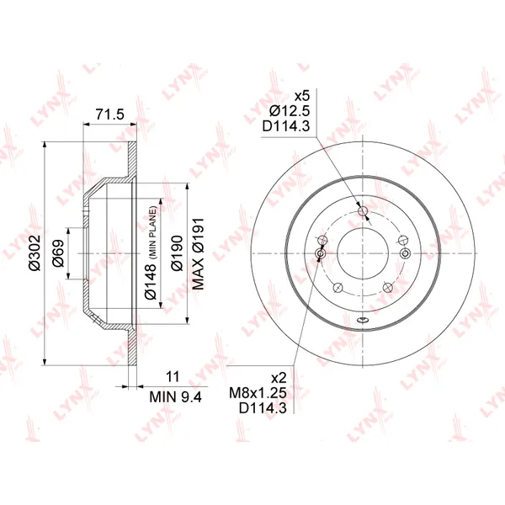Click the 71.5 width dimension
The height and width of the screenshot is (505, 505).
coord(109,114)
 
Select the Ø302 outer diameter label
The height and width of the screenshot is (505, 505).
coord(35,253)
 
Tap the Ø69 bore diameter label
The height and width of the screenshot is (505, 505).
coord(59,253)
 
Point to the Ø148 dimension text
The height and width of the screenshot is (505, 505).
coord(151,280)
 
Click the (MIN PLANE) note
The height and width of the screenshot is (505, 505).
coord(152,232)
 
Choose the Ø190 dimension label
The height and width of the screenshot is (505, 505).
coord(177,253)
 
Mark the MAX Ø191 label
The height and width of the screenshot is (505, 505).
coord(198,254)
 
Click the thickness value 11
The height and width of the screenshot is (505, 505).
coord(173,376)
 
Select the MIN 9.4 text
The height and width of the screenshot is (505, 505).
coord(176,396)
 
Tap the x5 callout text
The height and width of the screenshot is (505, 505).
coord(302,96)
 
